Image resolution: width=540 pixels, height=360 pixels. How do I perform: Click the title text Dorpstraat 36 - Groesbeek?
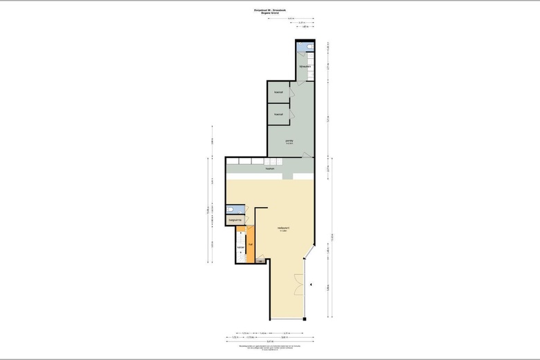point(269,10)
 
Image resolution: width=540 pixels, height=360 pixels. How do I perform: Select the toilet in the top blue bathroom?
point(310,48)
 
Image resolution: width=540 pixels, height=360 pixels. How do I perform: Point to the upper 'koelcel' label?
point(278,92)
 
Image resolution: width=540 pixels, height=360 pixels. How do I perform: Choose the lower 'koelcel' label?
point(278,114)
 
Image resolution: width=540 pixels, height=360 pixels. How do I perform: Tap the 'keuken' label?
point(270,168)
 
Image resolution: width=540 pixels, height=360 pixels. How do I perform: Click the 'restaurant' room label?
point(283,228)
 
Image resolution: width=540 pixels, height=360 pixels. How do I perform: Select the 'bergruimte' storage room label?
point(235,220)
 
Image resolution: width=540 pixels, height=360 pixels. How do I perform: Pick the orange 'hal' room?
point(250,244)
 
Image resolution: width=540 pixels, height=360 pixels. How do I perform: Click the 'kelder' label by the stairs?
point(240,246)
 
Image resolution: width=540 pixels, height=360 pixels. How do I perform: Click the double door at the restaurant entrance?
point(299,284)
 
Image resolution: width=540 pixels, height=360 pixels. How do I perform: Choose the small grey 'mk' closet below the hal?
point(259,261)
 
